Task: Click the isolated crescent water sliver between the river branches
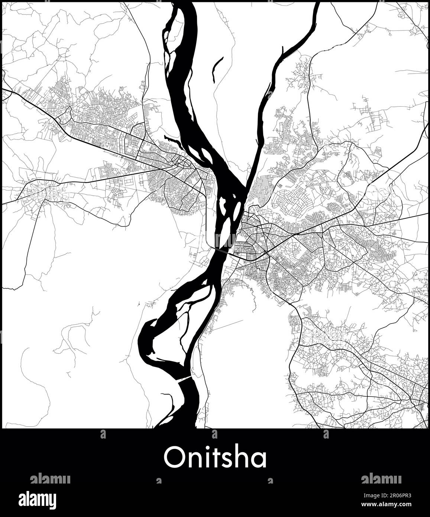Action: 217,69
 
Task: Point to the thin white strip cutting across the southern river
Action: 184,379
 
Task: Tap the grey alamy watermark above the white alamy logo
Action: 50,479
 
